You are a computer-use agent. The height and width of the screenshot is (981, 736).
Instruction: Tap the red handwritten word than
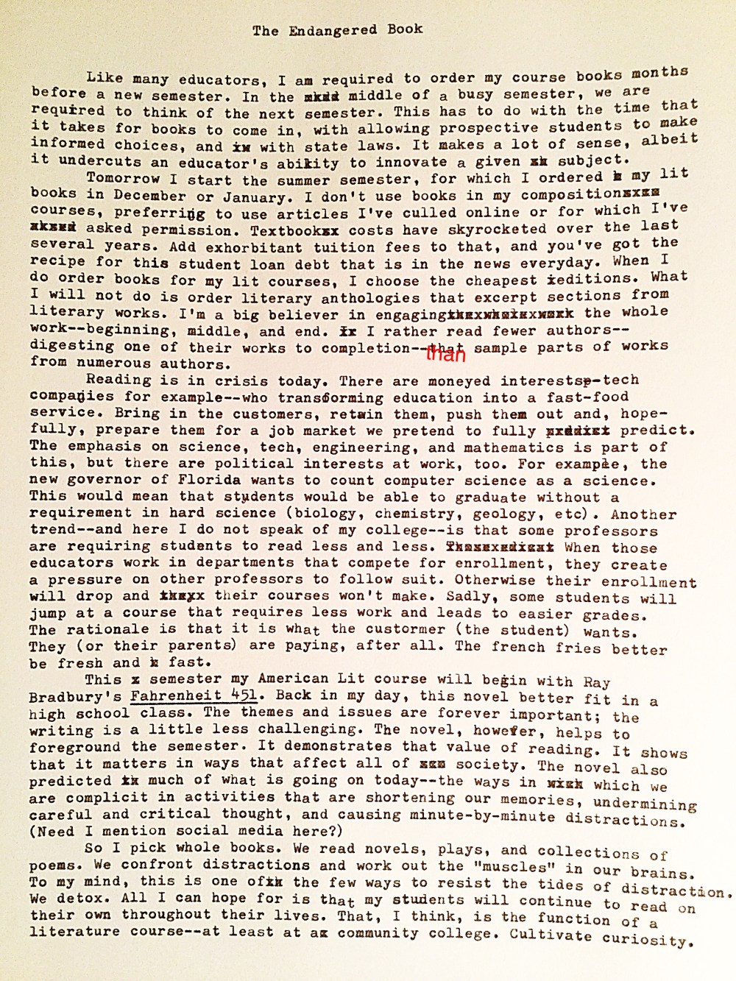[446, 355]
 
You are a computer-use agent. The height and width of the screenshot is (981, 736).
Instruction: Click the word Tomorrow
[119, 179]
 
